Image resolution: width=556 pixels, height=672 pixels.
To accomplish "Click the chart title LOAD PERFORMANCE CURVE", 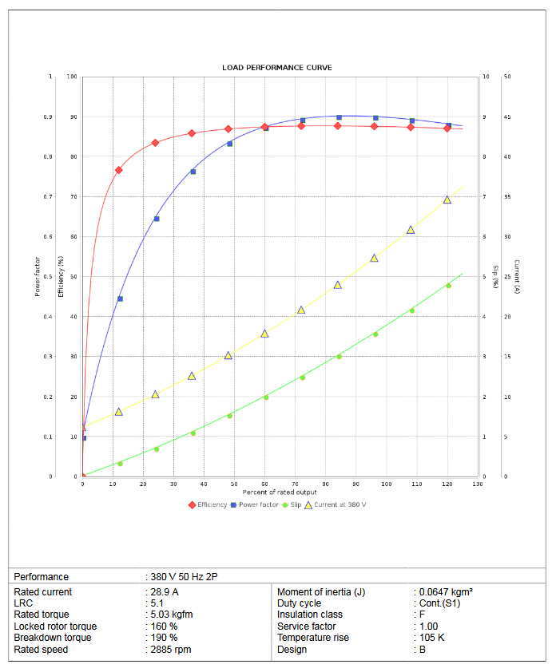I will (276, 68).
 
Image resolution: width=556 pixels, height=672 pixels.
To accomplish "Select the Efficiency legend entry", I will (212, 504).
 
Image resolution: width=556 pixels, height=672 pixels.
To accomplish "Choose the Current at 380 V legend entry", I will (340, 504).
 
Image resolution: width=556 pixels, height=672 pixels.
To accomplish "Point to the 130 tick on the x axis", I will (478, 484).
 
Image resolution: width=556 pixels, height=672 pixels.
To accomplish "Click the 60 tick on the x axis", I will (264, 484).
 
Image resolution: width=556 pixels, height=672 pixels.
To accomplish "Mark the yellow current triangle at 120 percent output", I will (447, 200).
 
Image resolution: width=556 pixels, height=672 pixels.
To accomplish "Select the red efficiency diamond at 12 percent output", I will (119, 170).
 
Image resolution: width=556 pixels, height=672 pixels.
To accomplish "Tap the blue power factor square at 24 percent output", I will (157, 219).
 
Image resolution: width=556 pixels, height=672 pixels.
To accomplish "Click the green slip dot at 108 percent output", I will (412, 310).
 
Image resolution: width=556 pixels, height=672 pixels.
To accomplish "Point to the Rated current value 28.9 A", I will (165, 592).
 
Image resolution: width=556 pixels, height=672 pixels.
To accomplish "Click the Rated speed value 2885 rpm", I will (172, 650).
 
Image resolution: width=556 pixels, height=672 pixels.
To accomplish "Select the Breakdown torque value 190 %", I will (165, 638).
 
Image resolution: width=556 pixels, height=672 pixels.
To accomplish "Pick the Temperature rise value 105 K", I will (432, 638).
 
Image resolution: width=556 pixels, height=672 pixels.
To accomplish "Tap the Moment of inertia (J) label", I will (321, 592).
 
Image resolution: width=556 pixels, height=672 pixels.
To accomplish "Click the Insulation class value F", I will (422, 615).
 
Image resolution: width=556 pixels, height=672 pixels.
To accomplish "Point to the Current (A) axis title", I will (517, 276).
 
